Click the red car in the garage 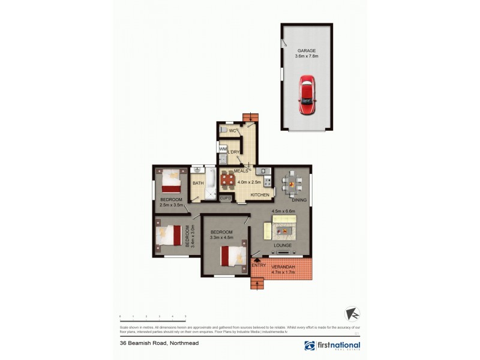[307, 95]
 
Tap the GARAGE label [307, 51]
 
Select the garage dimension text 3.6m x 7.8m [307, 56]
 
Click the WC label [232, 131]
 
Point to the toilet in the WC [223, 130]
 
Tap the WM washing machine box [223, 149]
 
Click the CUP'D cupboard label [226, 198]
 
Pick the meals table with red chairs [228, 179]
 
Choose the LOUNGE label [282, 245]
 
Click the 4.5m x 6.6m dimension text [284, 211]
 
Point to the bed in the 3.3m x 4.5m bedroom [233, 256]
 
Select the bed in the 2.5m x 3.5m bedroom [172, 179]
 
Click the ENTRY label [259, 265]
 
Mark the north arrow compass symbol [352, 314]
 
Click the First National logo [332, 346]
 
